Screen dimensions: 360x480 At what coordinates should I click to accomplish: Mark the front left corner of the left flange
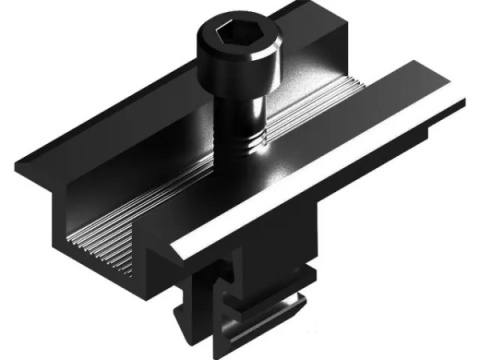(22, 163)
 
